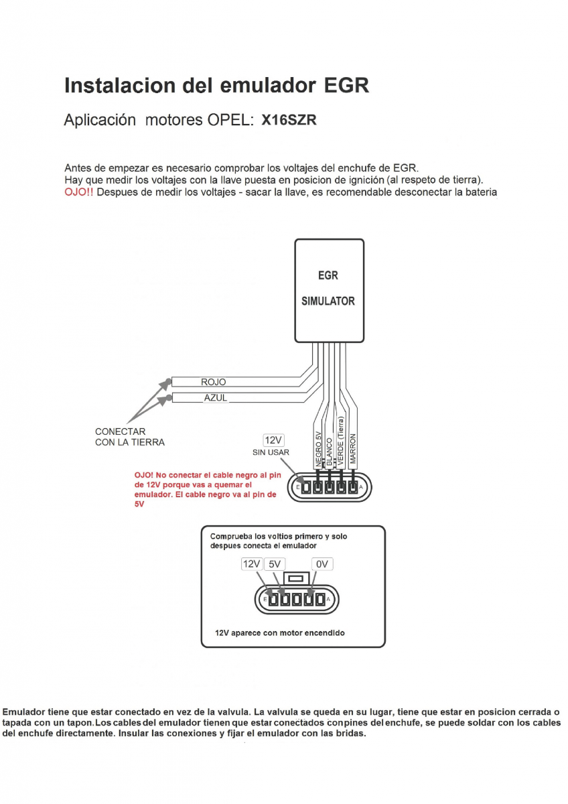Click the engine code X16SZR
[289, 121]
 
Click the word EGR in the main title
[346, 86]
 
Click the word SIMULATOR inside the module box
[328, 301]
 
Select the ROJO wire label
[214, 382]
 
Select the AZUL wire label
[215, 398]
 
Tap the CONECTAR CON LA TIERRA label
[129, 437]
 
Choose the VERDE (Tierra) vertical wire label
[341, 442]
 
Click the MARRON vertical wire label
[352, 450]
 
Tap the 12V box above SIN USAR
[273, 440]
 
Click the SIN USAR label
[271, 452]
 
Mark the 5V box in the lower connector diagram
[275, 564]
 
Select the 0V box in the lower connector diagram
[322, 564]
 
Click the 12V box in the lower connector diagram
[251, 564]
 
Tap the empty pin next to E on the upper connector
[305, 487]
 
